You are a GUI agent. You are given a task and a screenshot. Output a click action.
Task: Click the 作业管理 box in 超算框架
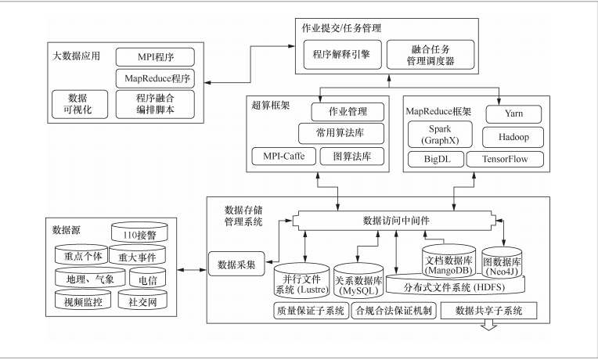pos(348,111)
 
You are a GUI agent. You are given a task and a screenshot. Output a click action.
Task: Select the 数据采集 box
pos(236,263)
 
